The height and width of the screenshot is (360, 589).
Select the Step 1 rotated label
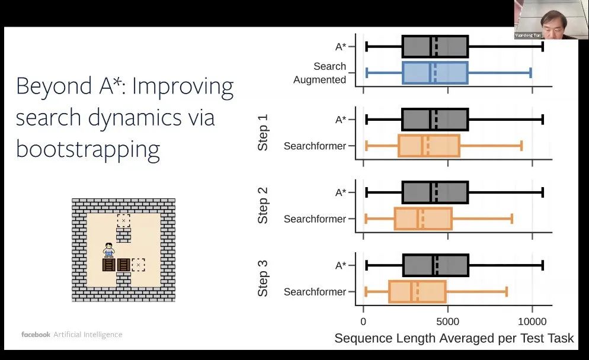click(x=263, y=133)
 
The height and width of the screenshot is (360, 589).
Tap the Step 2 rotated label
click(x=263, y=205)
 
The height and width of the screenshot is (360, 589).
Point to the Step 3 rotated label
click(x=263, y=278)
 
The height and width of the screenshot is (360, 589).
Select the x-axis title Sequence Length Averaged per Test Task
click(x=454, y=338)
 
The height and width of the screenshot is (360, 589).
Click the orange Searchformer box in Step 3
click(x=417, y=292)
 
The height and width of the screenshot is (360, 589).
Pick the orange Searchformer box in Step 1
click(x=429, y=146)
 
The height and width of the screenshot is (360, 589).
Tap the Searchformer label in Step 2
click(x=315, y=219)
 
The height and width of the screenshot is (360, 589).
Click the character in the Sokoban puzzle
click(x=108, y=250)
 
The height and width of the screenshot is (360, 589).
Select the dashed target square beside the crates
click(x=138, y=265)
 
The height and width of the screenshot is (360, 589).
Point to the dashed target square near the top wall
click(x=123, y=221)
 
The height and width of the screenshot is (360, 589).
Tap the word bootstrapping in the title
click(x=88, y=149)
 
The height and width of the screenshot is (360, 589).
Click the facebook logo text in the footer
click(x=36, y=335)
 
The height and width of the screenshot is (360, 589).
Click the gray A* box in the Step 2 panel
click(x=435, y=192)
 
